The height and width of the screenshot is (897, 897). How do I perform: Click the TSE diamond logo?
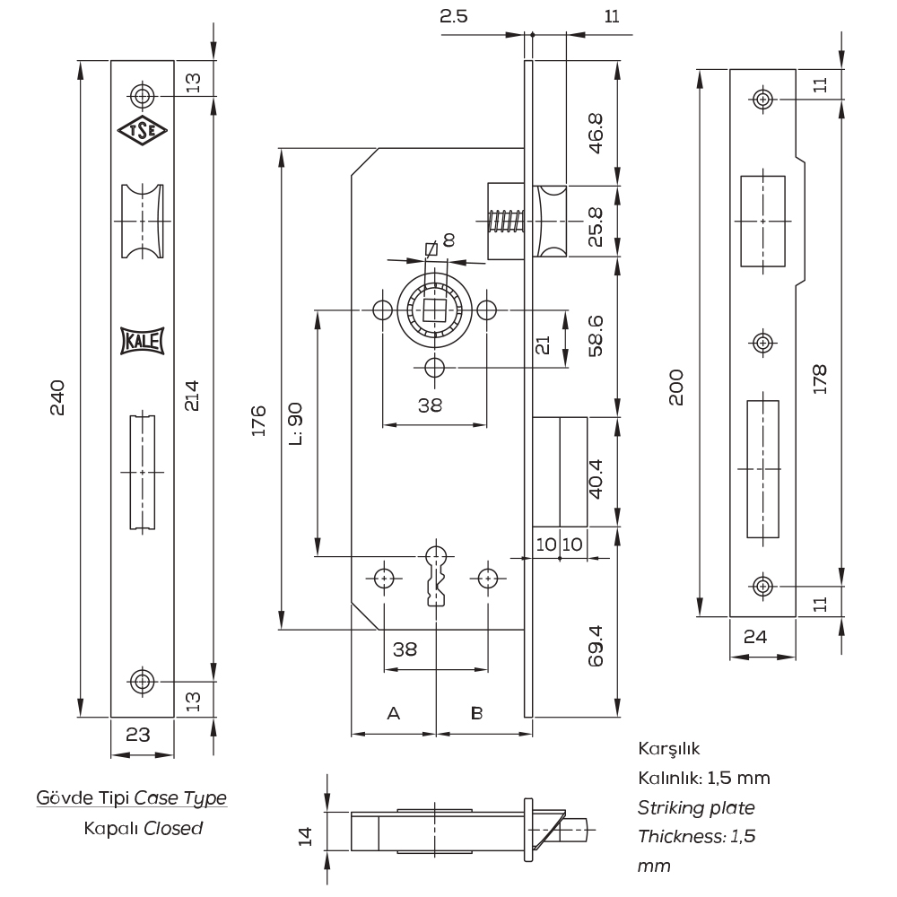click(x=143, y=130)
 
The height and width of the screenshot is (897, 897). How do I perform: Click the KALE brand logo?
click(x=143, y=341)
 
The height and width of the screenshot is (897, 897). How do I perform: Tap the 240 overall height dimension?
click(x=58, y=396)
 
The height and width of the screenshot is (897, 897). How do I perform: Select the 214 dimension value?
click(x=192, y=395)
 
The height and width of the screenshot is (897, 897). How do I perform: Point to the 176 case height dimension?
click(x=259, y=421)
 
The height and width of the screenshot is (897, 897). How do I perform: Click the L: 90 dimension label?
click(x=295, y=424)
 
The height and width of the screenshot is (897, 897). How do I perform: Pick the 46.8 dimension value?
click(x=596, y=134)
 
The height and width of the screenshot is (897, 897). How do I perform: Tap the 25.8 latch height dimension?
click(x=596, y=227)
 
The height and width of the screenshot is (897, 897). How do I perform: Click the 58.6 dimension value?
click(x=596, y=336)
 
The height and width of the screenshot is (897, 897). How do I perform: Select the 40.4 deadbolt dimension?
click(x=596, y=479)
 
